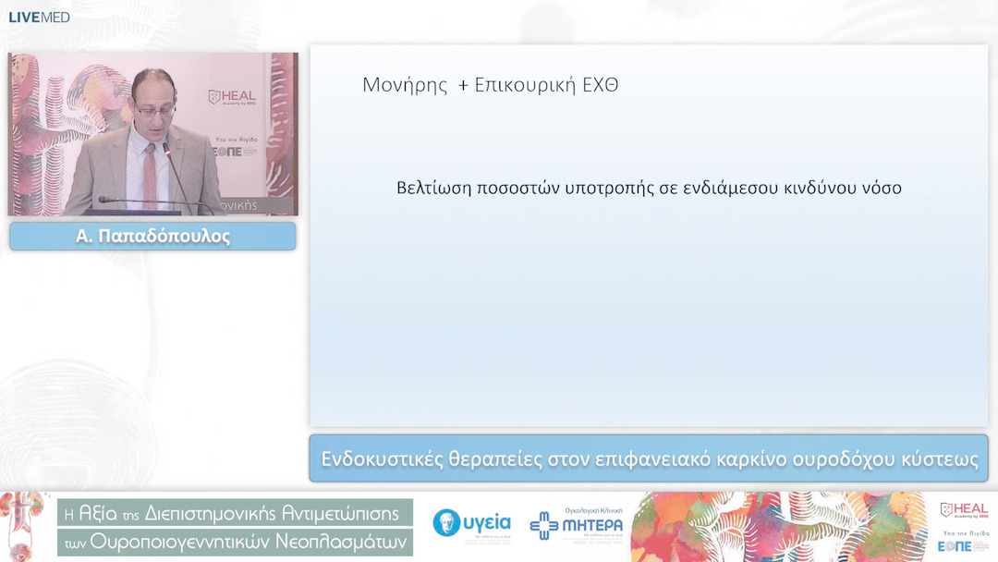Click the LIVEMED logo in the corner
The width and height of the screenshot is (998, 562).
click(39, 18)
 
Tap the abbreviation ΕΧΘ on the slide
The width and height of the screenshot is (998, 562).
click(600, 86)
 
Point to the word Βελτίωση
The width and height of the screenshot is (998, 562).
click(433, 188)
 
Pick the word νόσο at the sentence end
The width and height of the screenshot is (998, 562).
click(877, 188)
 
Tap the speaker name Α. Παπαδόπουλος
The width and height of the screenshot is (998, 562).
click(152, 237)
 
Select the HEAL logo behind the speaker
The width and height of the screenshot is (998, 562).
click(232, 97)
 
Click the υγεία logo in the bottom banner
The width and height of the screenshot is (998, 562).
click(472, 524)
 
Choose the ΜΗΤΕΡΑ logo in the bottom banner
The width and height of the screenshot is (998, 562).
click(577, 524)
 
